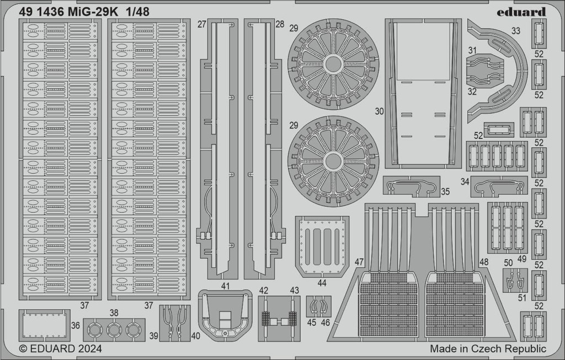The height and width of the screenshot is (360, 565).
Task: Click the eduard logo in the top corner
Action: click(521, 12)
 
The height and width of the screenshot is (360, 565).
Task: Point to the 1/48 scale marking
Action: click(137, 12)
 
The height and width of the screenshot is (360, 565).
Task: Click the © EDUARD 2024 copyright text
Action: click(60, 348)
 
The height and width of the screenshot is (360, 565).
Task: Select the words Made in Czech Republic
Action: click(488, 348)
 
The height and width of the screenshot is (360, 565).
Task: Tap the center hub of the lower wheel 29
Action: click(333, 161)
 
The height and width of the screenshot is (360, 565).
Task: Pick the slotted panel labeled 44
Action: click(322, 246)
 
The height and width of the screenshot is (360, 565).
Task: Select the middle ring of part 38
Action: click(114, 330)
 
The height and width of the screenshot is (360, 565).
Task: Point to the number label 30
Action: click(379, 111)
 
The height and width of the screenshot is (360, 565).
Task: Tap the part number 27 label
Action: click(202, 24)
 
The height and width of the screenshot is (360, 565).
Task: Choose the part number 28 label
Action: click(280, 24)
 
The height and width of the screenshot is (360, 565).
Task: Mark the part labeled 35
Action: click(411, 186)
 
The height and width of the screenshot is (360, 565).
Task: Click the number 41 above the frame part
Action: click(225, 286)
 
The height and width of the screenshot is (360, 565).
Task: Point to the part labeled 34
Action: click(499, 186)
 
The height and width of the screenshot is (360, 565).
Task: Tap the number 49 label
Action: click(521, 259)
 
